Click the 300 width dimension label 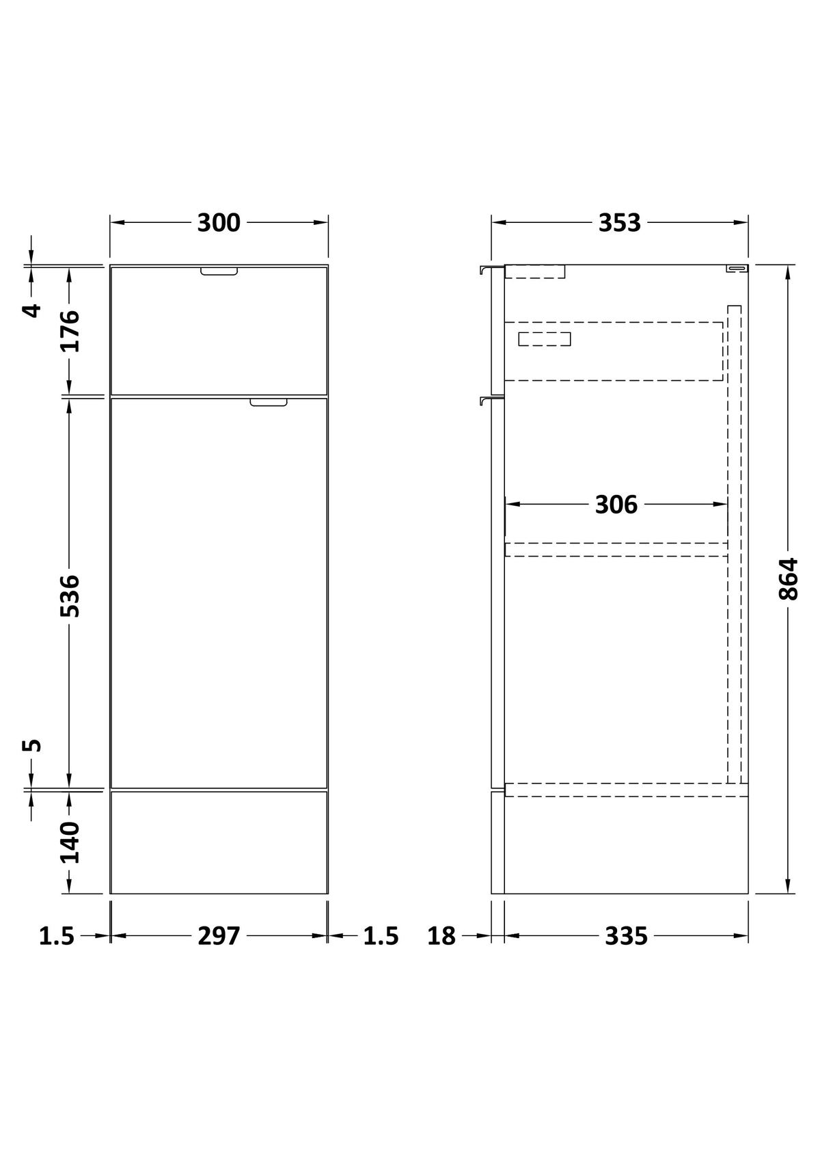coord(219,223)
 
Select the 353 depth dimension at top coord(620,223)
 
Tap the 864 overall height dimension coord(788,579)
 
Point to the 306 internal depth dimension coord(616,505)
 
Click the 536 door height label coord(70,596)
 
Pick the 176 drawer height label coord(70,331)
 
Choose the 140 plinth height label coord(70,842)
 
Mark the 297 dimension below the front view coord(219,936)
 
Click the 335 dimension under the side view coord(626,936)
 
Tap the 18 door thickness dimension coord(441,936)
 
